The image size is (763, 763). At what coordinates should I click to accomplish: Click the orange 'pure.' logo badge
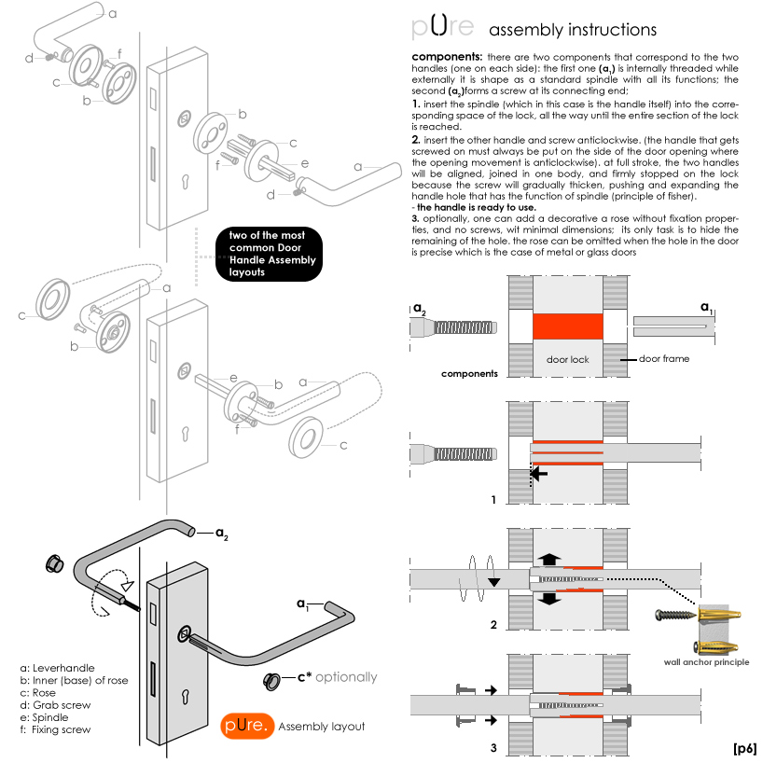click(247, 726)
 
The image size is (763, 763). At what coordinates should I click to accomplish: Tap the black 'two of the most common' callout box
click(268, 253)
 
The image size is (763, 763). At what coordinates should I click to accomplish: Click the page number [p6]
click(744, 748)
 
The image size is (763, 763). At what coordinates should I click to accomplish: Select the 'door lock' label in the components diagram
click(567, 358)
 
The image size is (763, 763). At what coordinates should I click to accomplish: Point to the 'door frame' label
click(663, 358)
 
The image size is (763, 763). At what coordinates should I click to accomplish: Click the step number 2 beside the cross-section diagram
click(493, 624)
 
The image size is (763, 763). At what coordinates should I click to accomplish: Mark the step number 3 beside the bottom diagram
click(493, 748)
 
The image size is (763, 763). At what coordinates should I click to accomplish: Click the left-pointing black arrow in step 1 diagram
click(539, 474)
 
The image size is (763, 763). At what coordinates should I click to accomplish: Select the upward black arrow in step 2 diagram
click(550, 560)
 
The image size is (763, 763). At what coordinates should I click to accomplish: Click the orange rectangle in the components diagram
click(567, 326)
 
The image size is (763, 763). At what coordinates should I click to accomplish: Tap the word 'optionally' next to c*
click(346, 677)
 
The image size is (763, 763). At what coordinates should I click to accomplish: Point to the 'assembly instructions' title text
click(573, 30)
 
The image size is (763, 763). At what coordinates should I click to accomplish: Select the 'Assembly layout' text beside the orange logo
click(322, 726)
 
